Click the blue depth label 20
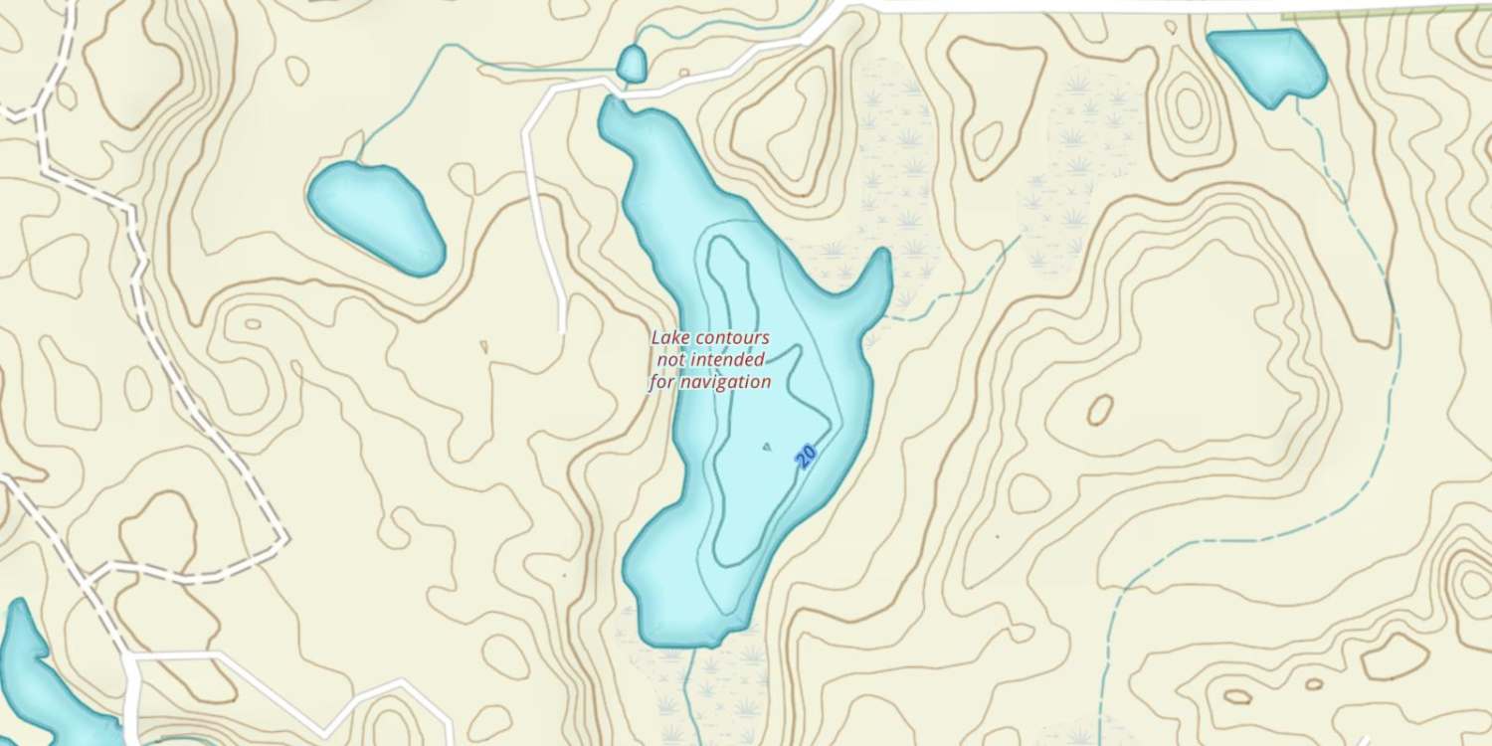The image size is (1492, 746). click(807, 456)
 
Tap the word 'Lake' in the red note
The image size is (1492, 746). click(669, 338)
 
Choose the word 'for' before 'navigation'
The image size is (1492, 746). click(662, 382)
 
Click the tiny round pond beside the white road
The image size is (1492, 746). click(631, 65)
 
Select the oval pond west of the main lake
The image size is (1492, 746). click(375, 216)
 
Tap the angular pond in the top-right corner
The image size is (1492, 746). click(1269, 63)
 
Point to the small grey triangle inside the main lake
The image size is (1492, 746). click(766, 447)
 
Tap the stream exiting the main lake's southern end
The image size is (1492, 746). click(690, 686)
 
